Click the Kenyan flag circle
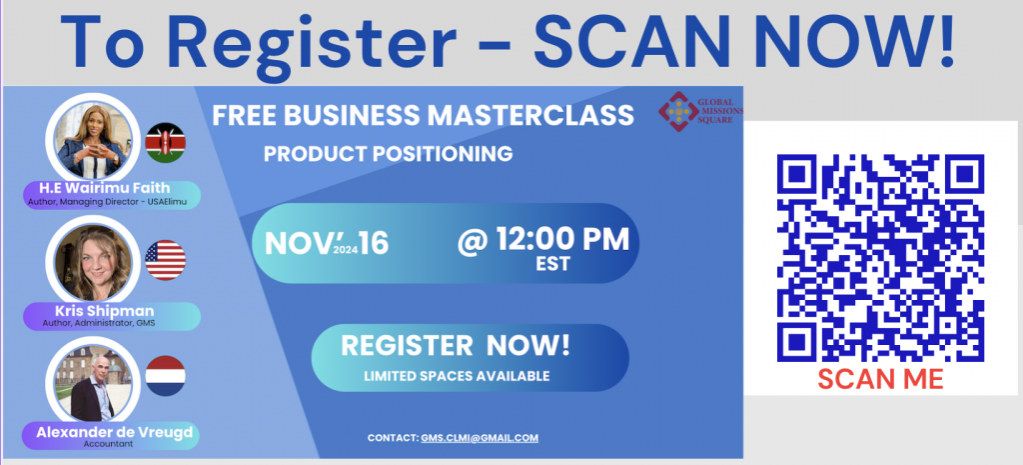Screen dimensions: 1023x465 [165, 142]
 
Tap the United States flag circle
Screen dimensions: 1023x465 [165, 260]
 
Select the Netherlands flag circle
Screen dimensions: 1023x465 [165, 376]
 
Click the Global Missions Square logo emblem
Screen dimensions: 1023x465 [678, 111]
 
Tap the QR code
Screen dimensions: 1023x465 [880, 258]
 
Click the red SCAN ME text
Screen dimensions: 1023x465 [880, 379]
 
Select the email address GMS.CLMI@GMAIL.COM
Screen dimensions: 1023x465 [480, 438]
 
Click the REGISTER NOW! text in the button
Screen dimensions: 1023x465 [456, 345]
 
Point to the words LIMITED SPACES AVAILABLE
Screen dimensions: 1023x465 [457, 376]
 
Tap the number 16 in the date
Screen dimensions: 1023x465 [374, 244]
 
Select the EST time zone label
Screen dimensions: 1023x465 [551, 264]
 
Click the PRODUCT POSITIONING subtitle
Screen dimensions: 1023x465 [389, 154]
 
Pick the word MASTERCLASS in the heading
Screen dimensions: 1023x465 [530, 116]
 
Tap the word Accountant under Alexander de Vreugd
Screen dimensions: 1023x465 [108, 444]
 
